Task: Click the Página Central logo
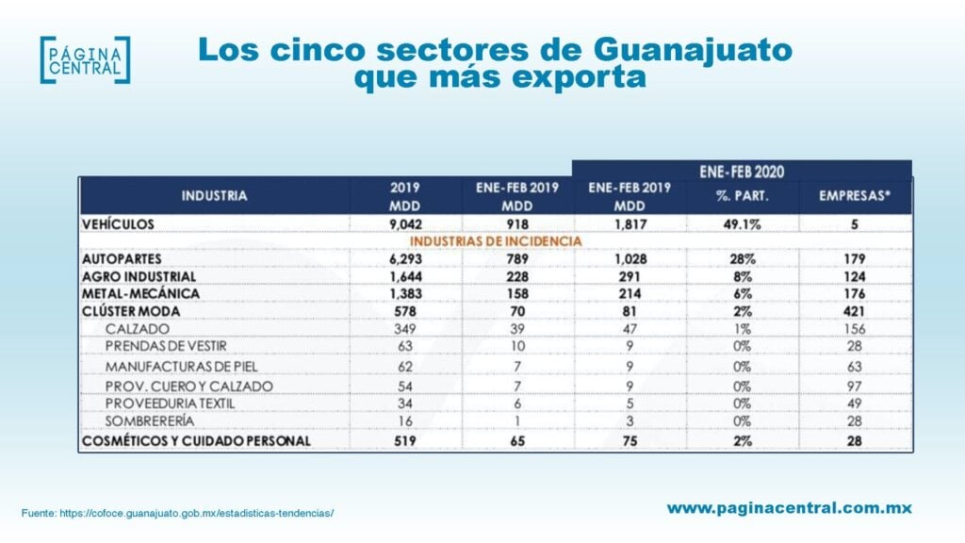click(85, 59)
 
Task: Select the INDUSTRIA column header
click(214, 196)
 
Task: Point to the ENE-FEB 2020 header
click(742, 171)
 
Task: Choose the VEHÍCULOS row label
click(118, 224)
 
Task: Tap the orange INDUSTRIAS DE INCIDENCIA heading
click(509, 241)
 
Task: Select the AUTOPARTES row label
click(122, 258)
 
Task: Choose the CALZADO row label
click(138, 329)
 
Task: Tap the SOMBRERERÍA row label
click(150, 420)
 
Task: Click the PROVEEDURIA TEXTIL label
click(171, 403)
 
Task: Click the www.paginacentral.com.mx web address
click(789, 508)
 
